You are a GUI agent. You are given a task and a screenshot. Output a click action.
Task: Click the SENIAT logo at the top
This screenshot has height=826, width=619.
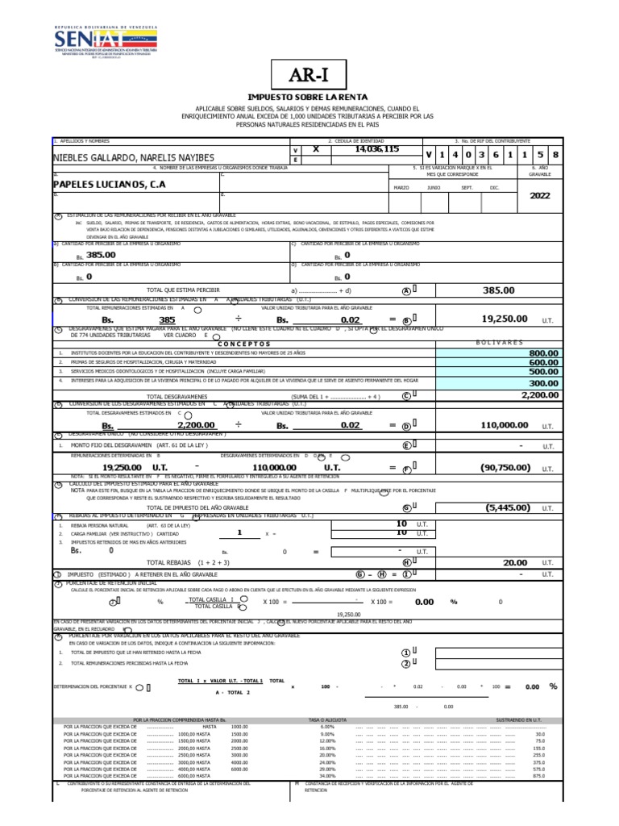[106, 41]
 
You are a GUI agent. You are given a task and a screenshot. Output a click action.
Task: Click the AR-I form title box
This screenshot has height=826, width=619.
[310, 75]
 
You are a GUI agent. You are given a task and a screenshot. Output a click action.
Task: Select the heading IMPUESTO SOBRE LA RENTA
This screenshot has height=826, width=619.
[310, 97]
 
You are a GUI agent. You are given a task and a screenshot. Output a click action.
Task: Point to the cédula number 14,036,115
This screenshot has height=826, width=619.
[376, 149]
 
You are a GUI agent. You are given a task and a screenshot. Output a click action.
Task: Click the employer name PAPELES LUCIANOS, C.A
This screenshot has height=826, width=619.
[109, 184]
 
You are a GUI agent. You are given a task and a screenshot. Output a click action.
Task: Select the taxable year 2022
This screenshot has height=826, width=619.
[539, 195]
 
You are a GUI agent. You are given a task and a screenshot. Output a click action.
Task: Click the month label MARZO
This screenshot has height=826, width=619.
[401, 187]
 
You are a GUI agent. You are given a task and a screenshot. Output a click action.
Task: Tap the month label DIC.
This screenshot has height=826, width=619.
[494, 187]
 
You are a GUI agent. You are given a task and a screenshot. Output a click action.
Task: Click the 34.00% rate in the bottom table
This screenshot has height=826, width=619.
[326, 776]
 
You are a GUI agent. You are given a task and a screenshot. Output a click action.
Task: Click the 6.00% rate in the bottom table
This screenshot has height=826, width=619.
[326, 727]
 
